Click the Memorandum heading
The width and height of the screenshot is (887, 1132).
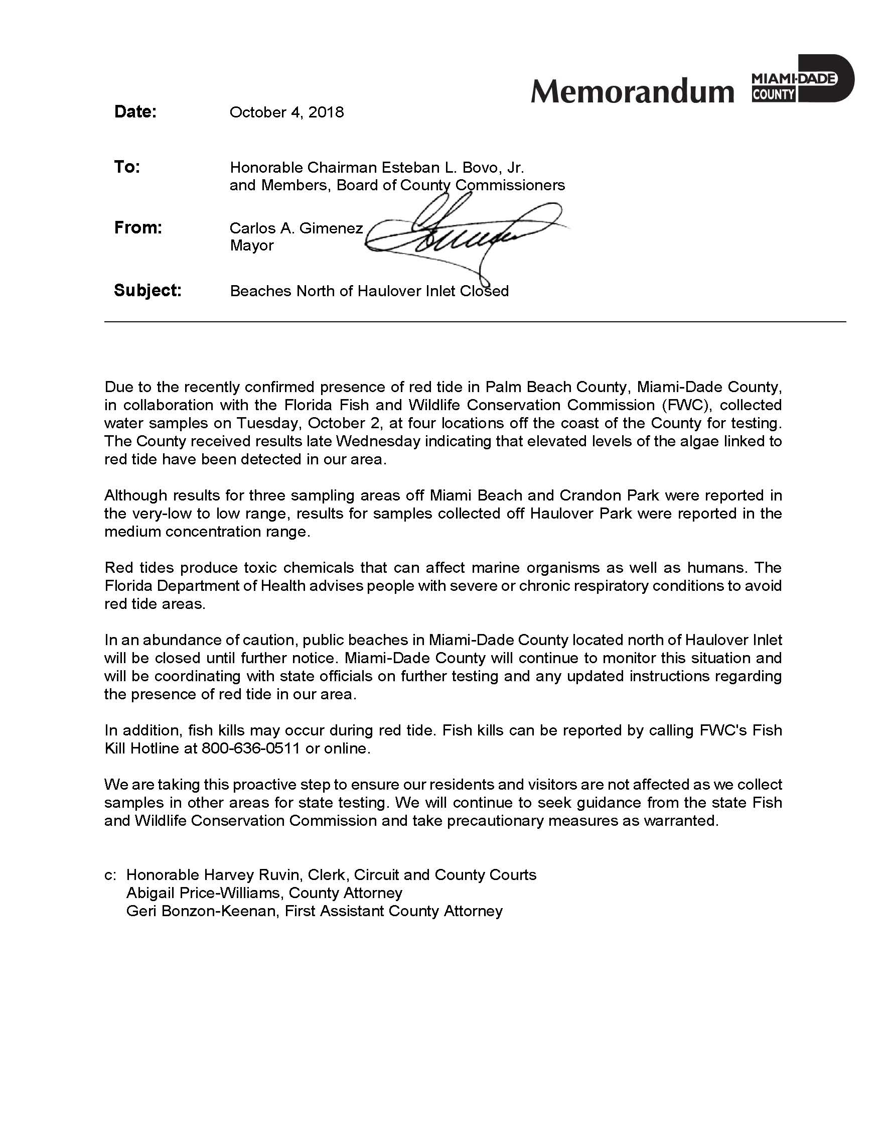tap(632, 91)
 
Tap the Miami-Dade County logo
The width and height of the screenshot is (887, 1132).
tap(802, 79)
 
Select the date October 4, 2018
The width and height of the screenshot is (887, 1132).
tap(286, 113)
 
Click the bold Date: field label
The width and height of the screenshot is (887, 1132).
tap(135, 111)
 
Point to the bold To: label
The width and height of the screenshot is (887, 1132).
tap(127, 167)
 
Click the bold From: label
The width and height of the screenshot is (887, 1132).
tap(138, 227)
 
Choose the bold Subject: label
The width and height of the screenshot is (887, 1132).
tap(148, 290)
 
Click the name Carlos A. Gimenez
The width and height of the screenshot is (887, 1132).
tap(296, 228)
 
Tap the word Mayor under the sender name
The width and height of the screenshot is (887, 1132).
tap(252, 245)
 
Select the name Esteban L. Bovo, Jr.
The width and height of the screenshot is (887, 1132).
tap(453, 168)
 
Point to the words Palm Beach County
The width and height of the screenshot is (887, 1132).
tap(556, 387)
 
